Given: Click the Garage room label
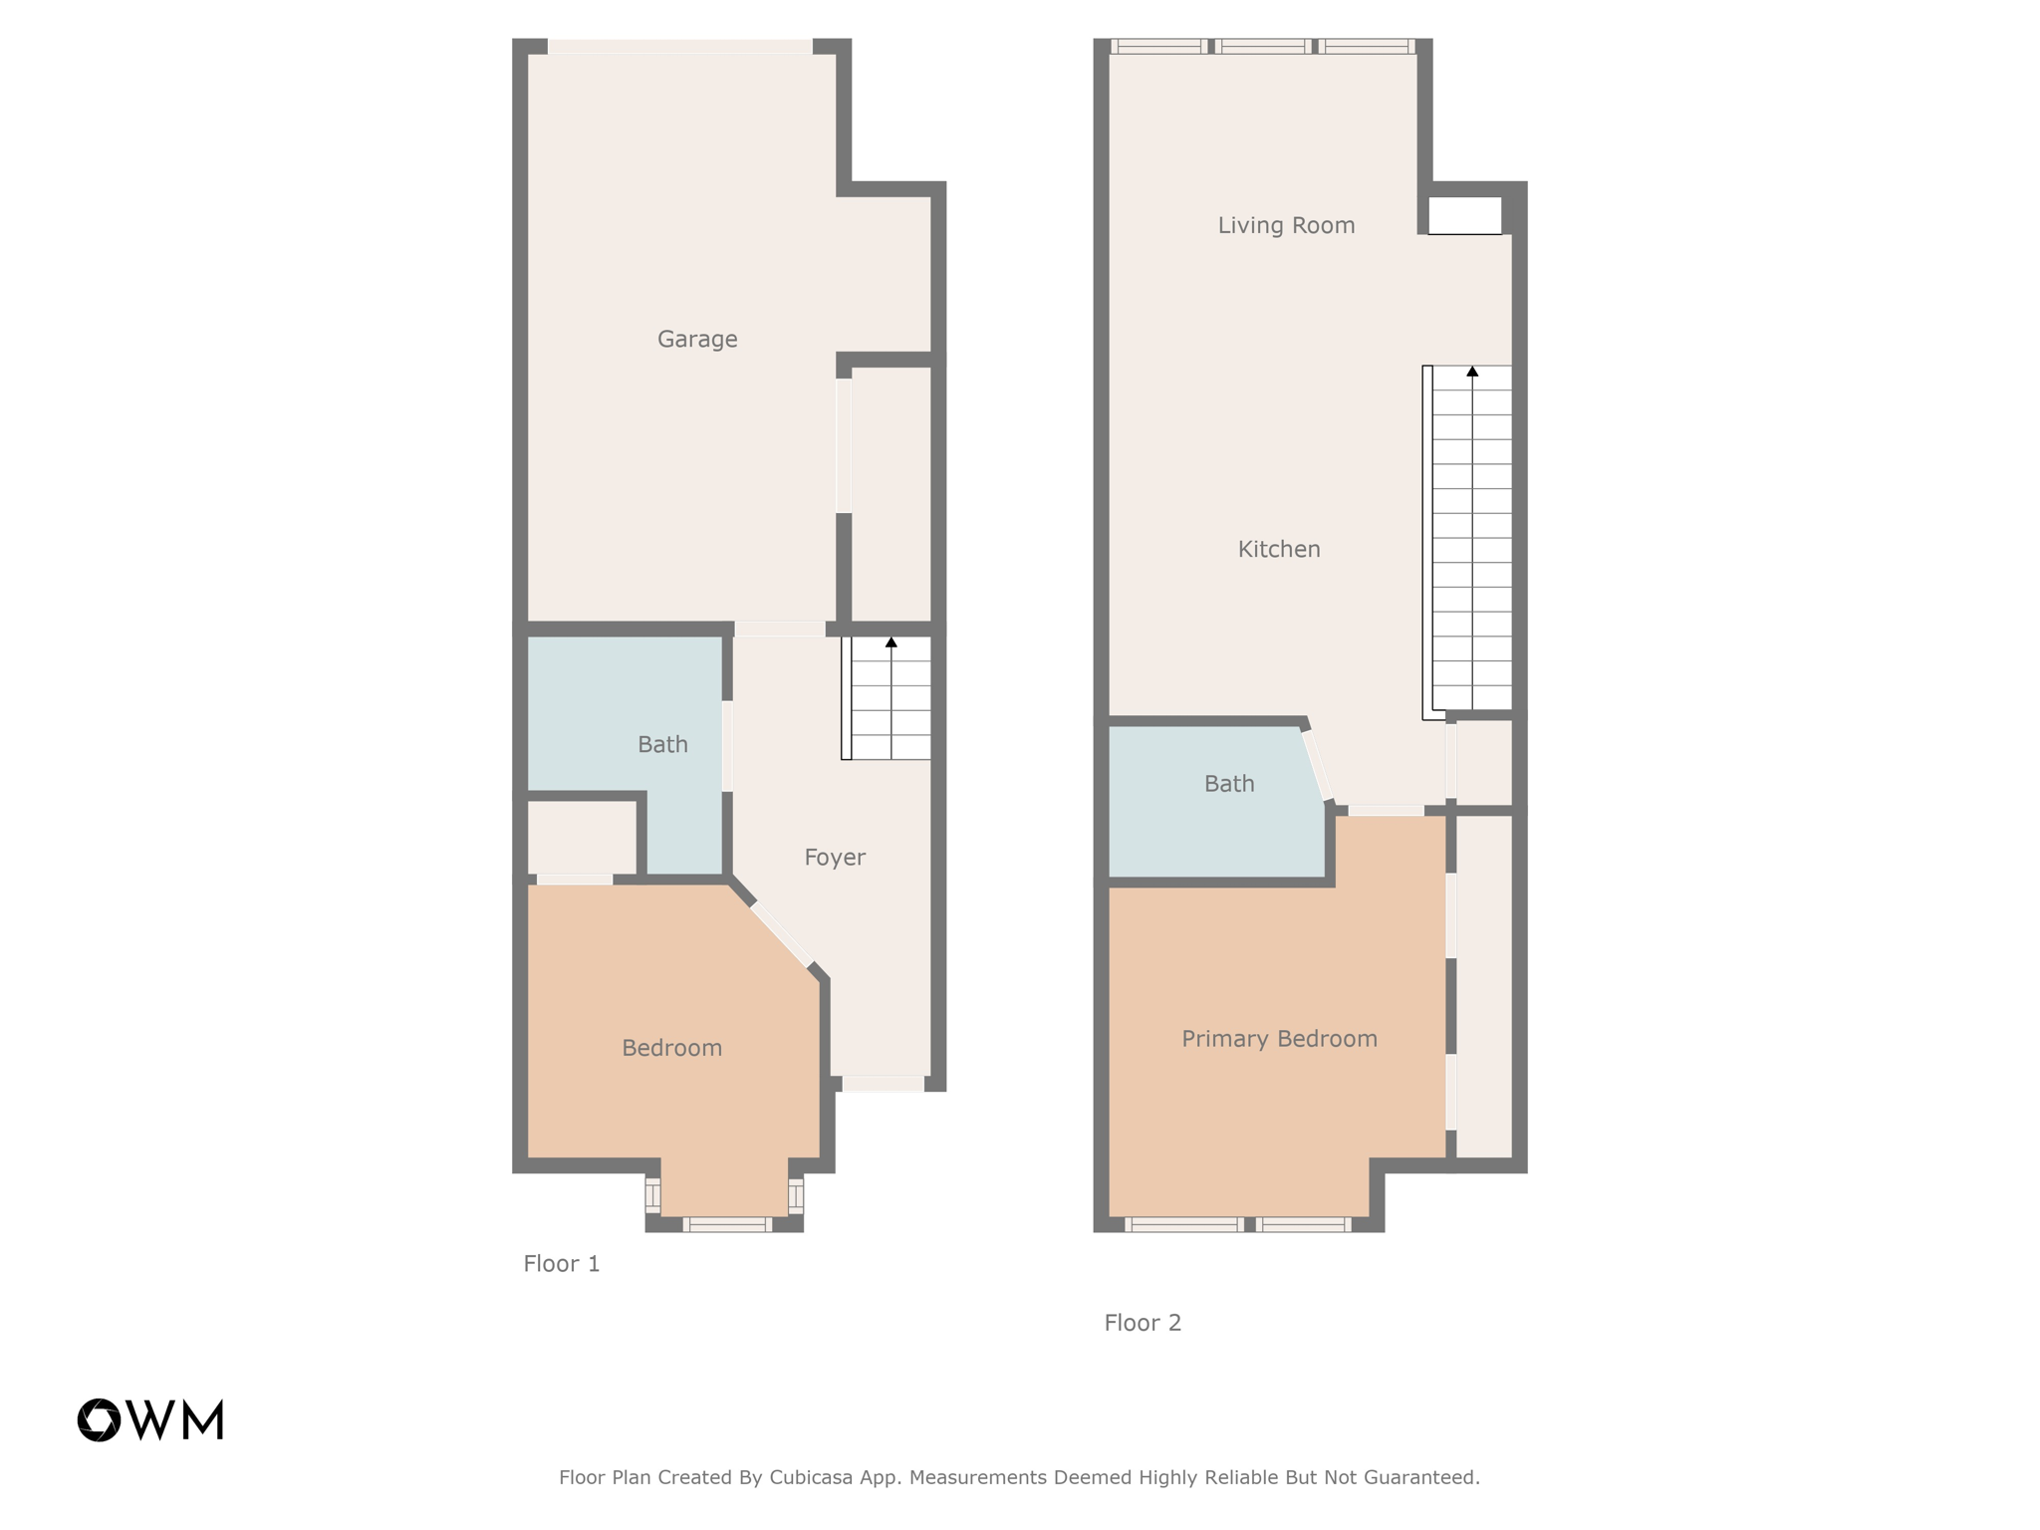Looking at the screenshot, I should point(697,340).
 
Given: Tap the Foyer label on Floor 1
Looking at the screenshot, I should point(835,858).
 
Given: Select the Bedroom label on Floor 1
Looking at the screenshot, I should point(671,1048).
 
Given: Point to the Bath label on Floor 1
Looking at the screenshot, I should point(662,745).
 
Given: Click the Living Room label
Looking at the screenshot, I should point(1286,226).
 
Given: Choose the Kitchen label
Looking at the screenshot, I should point(1279,550).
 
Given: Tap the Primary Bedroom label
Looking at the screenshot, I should point(1279,1040).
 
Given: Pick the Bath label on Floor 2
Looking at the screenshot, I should point(1229,785).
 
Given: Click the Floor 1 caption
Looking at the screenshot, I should point(562,1264).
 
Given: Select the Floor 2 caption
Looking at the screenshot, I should point(1143,1323).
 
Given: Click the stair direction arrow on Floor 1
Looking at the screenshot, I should point(892,643).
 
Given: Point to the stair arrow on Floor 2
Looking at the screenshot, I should point(1472,373).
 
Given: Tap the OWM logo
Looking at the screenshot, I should point(150,1419).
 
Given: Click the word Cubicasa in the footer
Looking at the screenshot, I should point(811,1477).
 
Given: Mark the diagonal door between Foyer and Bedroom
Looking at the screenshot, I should point(781,934).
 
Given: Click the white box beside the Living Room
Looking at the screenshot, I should point(1464,215).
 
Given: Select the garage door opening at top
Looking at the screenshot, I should point(680,47).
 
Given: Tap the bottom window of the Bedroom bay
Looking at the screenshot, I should point(726,1224).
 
